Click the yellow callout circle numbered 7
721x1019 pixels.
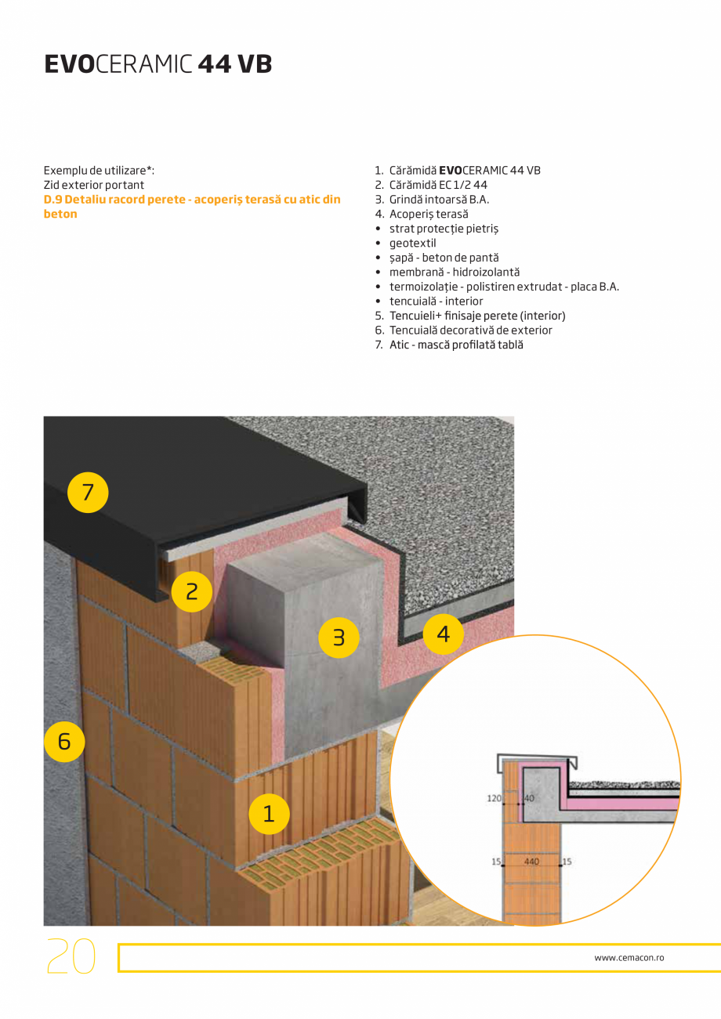87,492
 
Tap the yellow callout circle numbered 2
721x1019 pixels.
192,592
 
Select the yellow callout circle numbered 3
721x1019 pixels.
338,638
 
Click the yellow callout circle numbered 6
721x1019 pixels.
64,740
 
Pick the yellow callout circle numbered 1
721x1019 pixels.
269,814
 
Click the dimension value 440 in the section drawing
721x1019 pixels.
531,861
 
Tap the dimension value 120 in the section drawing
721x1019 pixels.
494,798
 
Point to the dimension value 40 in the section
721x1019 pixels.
529,798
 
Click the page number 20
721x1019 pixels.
71,956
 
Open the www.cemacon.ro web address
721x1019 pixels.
629,957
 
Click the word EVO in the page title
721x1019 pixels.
69,64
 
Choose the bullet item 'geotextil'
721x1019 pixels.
412,243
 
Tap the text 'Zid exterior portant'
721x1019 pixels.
94,185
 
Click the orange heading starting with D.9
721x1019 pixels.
192,207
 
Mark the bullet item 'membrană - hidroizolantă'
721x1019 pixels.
454,272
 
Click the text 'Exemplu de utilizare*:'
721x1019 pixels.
99,170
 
